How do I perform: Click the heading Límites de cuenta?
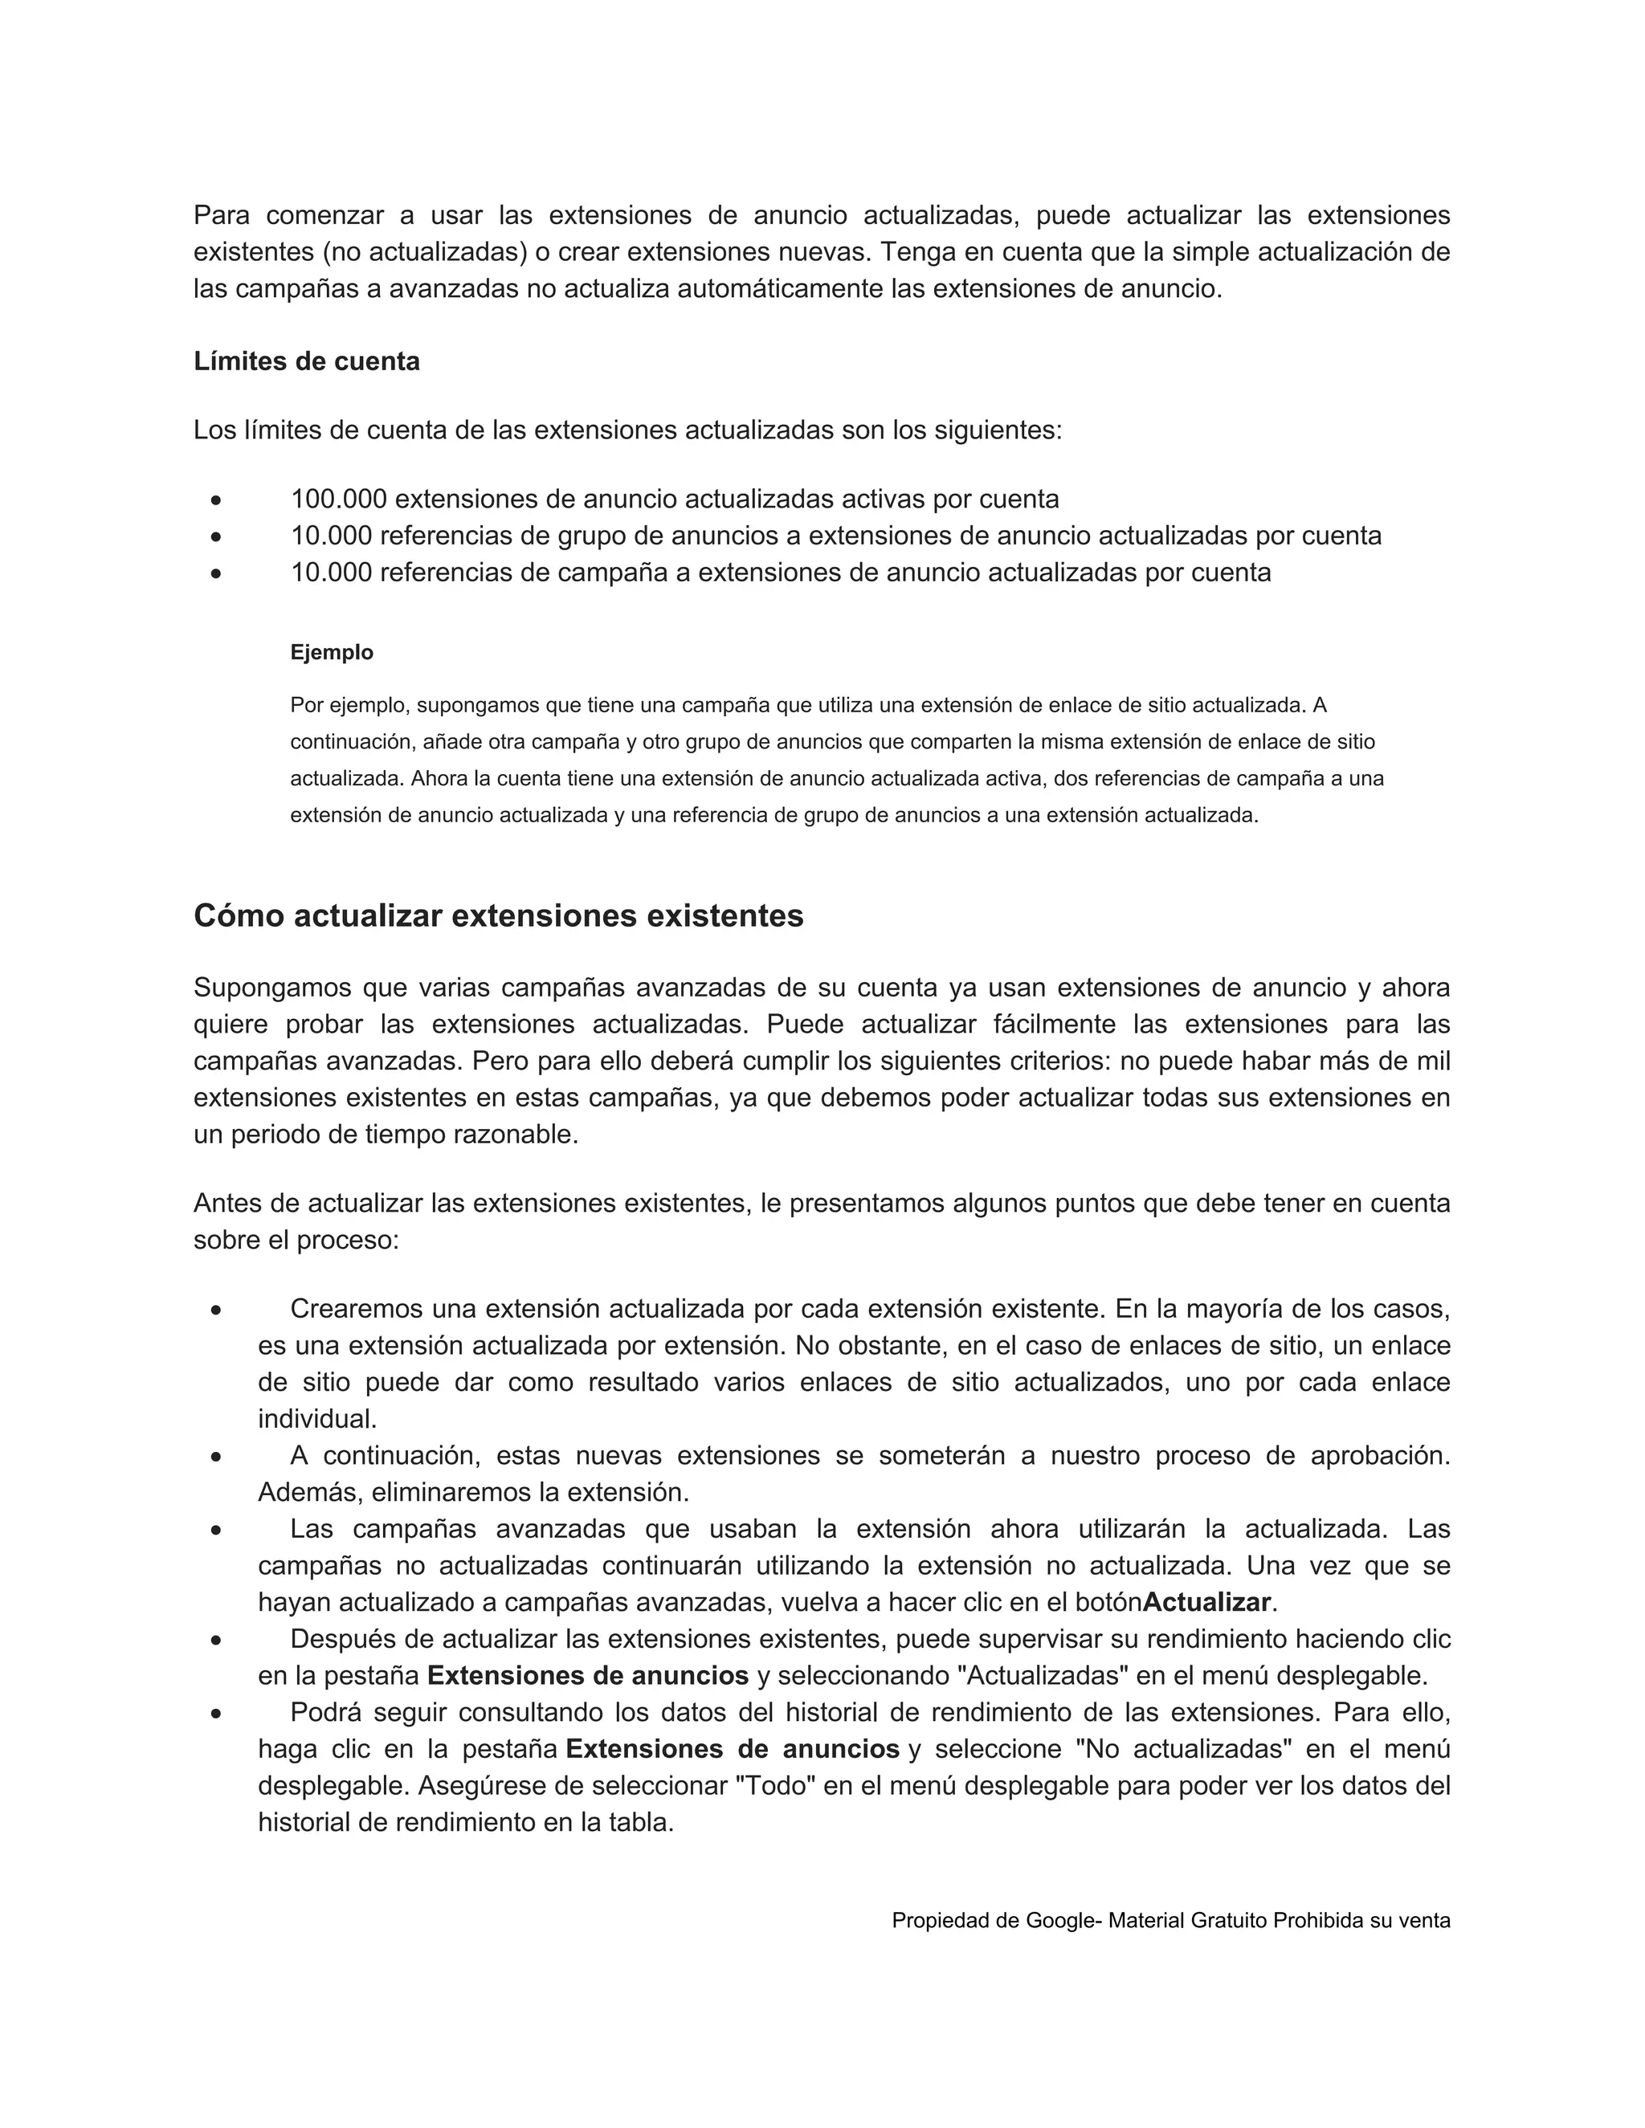[306, 361]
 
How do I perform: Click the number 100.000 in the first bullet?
[338, 499]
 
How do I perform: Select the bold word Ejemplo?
[332, 652]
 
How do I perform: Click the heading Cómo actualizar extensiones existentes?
[498, 916]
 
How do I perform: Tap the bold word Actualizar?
[1206, 1603]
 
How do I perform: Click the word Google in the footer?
[1060, 1921]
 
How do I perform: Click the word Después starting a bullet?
[340, 1639]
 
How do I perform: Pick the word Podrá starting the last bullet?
[325, 1712]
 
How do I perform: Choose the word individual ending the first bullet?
[316, 1419]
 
